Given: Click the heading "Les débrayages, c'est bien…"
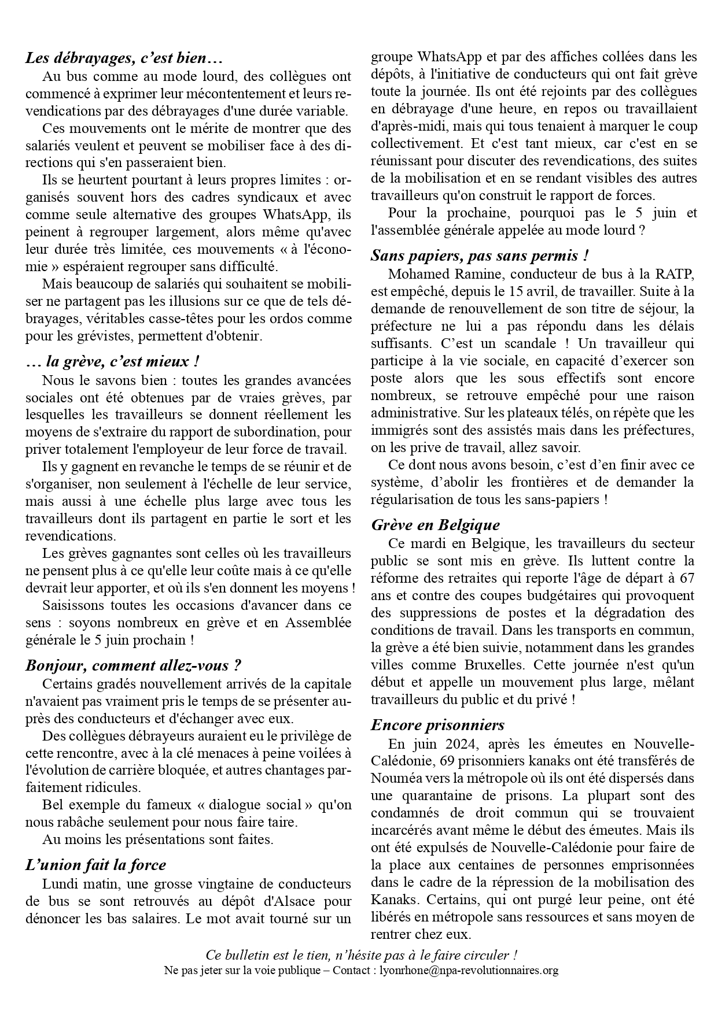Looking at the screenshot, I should [124, 58].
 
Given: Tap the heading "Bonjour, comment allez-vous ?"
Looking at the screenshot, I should [133, 665].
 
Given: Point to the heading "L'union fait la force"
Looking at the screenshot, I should [95, 865].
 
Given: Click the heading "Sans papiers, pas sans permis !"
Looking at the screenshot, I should [480, 255].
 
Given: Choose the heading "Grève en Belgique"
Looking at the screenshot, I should [435, 525].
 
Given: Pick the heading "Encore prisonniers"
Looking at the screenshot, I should [437, 725].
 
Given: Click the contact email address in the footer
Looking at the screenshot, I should [460, 970].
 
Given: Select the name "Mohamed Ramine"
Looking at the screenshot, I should [438, 273].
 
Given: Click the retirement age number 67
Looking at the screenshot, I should [686, 578].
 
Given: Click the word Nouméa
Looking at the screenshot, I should [394, 778].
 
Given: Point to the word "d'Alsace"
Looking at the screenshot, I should [277, 901].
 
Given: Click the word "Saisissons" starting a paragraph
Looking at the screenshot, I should [71, 605].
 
